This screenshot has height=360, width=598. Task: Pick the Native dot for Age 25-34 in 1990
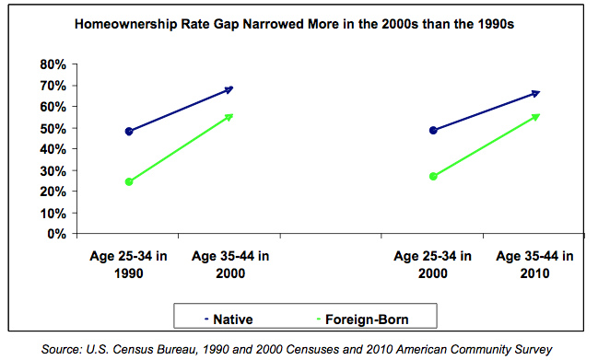[129, 132]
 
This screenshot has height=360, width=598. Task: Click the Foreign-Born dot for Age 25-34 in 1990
[129, 181]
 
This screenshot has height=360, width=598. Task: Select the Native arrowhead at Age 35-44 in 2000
[229, 89]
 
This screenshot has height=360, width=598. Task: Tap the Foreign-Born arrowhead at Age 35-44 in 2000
[229, 116]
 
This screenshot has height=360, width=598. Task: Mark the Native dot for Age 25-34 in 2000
[434, 131]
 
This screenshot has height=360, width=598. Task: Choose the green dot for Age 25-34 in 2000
[434, 176]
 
